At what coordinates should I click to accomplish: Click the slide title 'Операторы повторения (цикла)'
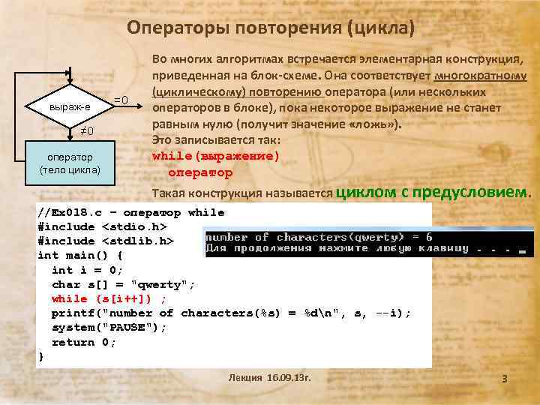270,28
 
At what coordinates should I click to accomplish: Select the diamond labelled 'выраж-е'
70,107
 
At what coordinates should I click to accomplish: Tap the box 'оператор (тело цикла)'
70,163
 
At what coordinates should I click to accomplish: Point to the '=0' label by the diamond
121,100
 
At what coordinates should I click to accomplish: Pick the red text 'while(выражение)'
215,157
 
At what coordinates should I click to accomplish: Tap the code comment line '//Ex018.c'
131,212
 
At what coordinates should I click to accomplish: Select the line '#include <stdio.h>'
102,226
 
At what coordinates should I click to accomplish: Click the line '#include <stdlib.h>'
106,241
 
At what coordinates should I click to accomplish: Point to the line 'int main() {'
81,255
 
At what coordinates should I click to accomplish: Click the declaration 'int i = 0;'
87,270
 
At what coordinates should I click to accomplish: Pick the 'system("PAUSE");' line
109,328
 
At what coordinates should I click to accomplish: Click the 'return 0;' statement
84,342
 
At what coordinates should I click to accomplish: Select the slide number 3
505,379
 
